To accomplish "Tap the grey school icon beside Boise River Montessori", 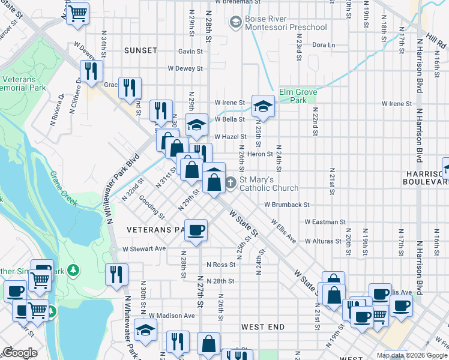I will coord(235,23).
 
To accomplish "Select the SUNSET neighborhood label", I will coord(140,50).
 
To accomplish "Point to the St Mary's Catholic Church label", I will coord(269,184).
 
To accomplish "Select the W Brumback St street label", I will coord(286,205).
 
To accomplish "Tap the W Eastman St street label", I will coord(322,222).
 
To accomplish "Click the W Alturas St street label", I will coord(324,241).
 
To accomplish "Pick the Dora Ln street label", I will coord(323,45).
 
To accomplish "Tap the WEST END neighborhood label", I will coord(262,327).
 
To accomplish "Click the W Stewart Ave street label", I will coord(143,248).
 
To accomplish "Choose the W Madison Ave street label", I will coord(172,316).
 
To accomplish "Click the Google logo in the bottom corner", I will coord(19,353).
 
